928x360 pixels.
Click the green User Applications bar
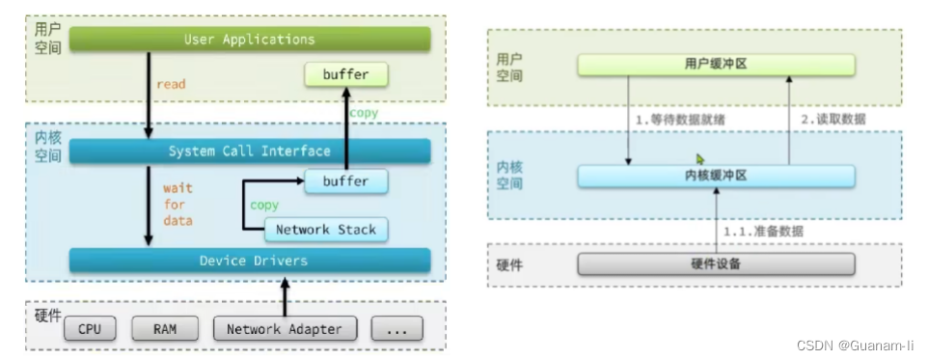click(250, 40)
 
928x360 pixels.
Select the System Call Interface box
click(250, 151)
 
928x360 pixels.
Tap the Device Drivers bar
click(250, 261)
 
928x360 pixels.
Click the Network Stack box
click(326, 230)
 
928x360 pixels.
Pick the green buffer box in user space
click(345, 75)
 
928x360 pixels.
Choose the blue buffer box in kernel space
click(345, 181)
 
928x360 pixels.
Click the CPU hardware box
click(90, 328)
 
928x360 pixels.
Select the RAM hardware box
click(165, 328)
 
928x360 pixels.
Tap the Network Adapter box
click(285, 328)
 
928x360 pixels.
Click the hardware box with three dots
click(397, 328)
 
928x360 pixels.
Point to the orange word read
click(171, 84)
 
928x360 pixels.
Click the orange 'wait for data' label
click(178, 205)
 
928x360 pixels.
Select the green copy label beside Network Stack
click(264, 206)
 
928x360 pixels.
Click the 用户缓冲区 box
click(716, 65)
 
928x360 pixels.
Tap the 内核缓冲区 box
click(716, 176)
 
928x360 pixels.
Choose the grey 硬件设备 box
click(716, 264)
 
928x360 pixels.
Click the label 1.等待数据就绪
click(681, 120)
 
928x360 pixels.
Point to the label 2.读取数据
click(833, 120)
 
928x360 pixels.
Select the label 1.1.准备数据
click(763, 232)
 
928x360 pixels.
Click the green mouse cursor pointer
click(700, 159)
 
